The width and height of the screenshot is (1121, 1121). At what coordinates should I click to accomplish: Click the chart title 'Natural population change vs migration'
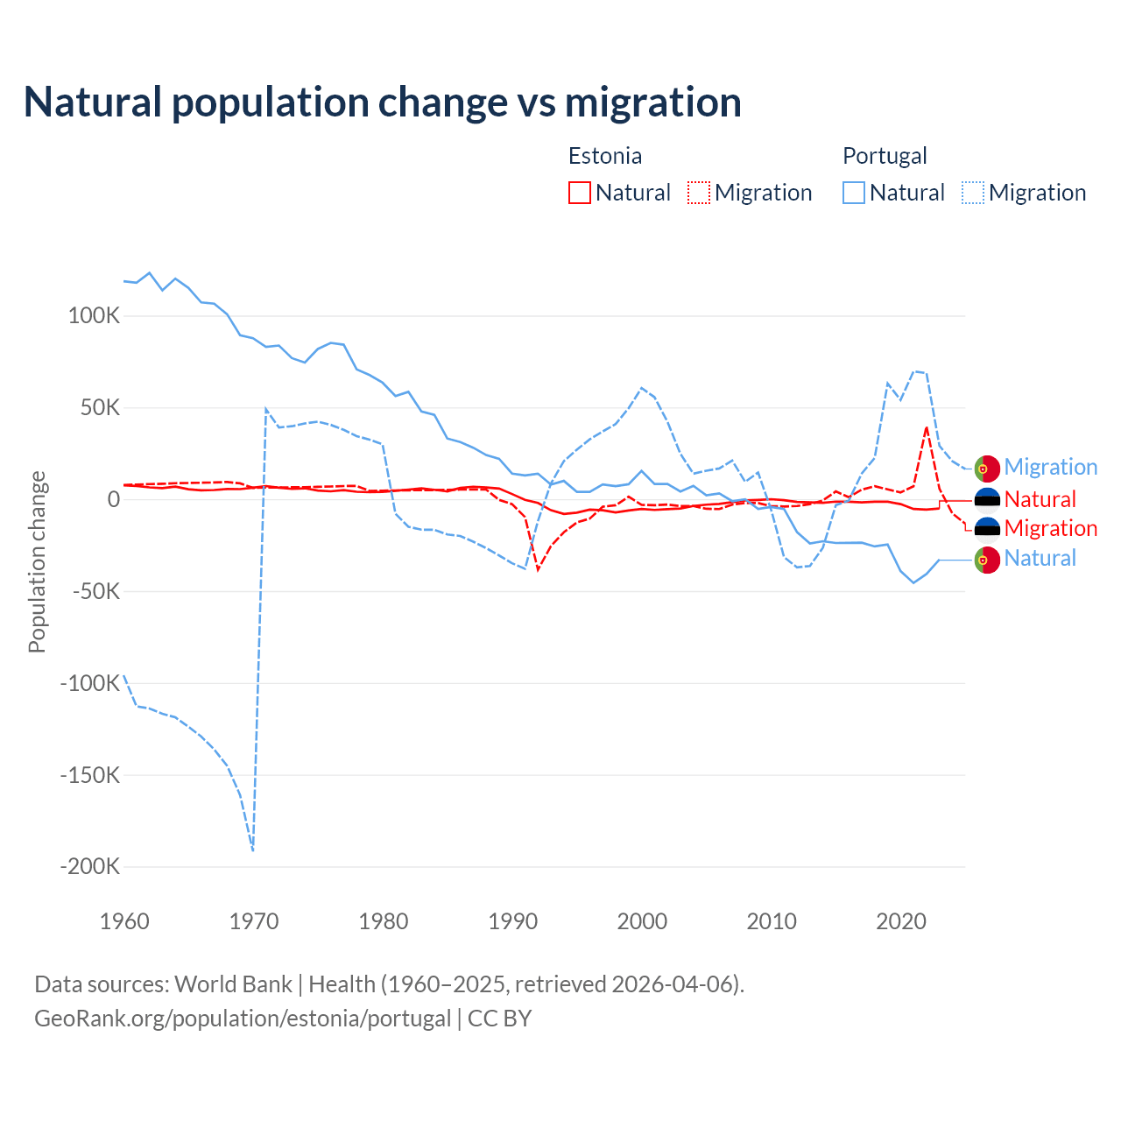click(383, 102)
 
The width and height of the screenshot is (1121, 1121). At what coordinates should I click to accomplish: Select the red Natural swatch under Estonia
click(580, 193)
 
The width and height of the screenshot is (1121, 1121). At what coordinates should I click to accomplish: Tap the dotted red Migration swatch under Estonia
click(699, 193)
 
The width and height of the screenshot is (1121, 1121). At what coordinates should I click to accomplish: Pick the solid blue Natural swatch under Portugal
click(854, 193)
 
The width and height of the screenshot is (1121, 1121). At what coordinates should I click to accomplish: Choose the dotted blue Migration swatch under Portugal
click(973, 193)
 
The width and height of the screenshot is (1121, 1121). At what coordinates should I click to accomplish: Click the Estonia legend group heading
click(605, 156)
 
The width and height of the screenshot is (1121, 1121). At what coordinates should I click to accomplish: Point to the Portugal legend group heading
click(885, 156)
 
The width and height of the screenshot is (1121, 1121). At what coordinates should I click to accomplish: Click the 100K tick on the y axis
click(94, 316)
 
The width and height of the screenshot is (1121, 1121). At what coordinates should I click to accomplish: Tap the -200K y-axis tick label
click(89, 867)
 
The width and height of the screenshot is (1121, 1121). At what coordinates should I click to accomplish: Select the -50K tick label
click(95, 591)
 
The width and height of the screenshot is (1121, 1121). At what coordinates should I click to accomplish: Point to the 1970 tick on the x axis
click(254, 921)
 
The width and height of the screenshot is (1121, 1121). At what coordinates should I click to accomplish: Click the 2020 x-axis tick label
click(901, 921)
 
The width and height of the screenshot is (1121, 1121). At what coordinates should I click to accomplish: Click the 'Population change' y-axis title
click(37, 561)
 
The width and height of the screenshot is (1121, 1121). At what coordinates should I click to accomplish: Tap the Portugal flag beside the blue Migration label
click(987, 469)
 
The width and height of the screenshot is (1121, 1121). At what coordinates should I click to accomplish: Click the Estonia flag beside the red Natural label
click(987, 499)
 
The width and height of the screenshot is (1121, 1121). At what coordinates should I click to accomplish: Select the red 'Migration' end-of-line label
click(1051, 528)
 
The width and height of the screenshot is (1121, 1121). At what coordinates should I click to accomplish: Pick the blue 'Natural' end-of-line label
click(1040, 558)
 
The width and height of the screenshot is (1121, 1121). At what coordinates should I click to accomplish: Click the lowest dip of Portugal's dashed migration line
click(253, 850)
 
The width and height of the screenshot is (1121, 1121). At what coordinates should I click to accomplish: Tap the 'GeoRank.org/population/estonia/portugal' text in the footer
click(243, 1019)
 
